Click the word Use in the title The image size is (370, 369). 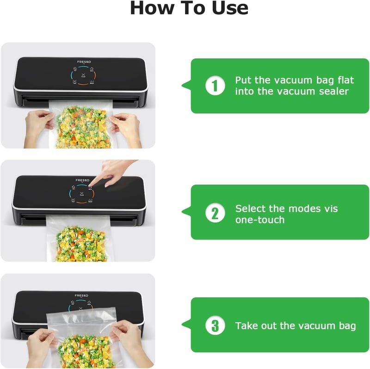[x=230, y=8]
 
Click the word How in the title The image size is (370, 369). [x=151, y=8]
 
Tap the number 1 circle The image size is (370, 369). [x=215, y=86]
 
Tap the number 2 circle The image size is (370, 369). [x=215, y=213]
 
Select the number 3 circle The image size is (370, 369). [x=215, y=326]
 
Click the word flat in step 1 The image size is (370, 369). [x=345, y=80]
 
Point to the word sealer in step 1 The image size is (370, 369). [x=333, y=91]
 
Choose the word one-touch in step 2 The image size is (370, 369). [x=260, y=220]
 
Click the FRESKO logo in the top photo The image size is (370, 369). [x=84, y=62]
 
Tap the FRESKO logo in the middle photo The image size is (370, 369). [x=82, y=180]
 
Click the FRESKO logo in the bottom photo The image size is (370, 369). [x=81, y=295]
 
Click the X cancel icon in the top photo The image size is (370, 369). [x=83, y=75]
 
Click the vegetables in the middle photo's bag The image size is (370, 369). [x=80, y=244]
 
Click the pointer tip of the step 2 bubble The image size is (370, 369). [x=182, y=212]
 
